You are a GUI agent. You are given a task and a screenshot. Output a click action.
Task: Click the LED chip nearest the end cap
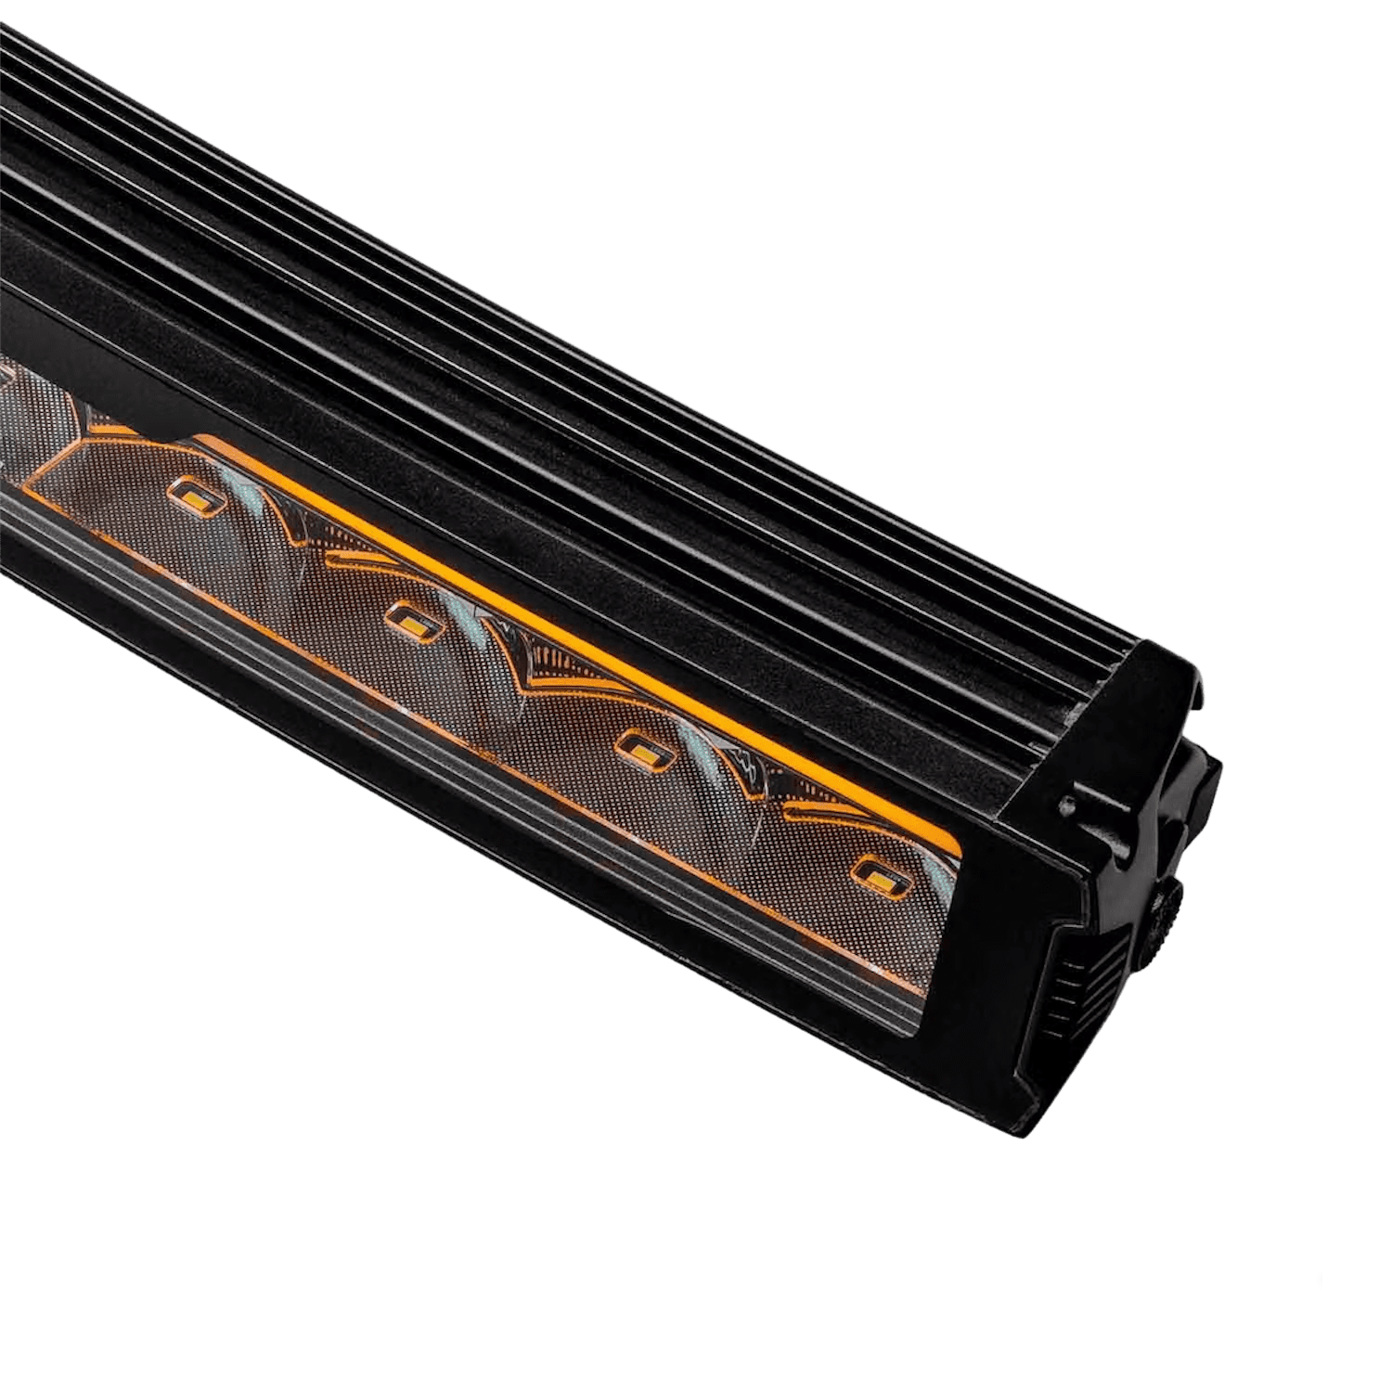click(875, 872)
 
